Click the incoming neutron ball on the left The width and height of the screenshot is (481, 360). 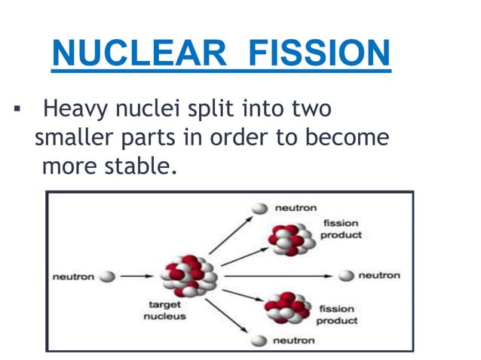pos(108,276)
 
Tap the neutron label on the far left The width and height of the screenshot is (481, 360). pos(73,276)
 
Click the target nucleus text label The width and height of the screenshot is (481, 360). pos(164,311)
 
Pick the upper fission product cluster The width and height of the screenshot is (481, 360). pos(285,239)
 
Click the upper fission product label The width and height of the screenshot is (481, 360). pos(342,229)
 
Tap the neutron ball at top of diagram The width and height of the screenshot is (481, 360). pos(259,208)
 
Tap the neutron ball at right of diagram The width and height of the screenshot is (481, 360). pos(346,276)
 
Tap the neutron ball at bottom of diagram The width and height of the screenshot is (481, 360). pos(259,340)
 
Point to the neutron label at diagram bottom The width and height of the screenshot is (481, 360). pos(293,340)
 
